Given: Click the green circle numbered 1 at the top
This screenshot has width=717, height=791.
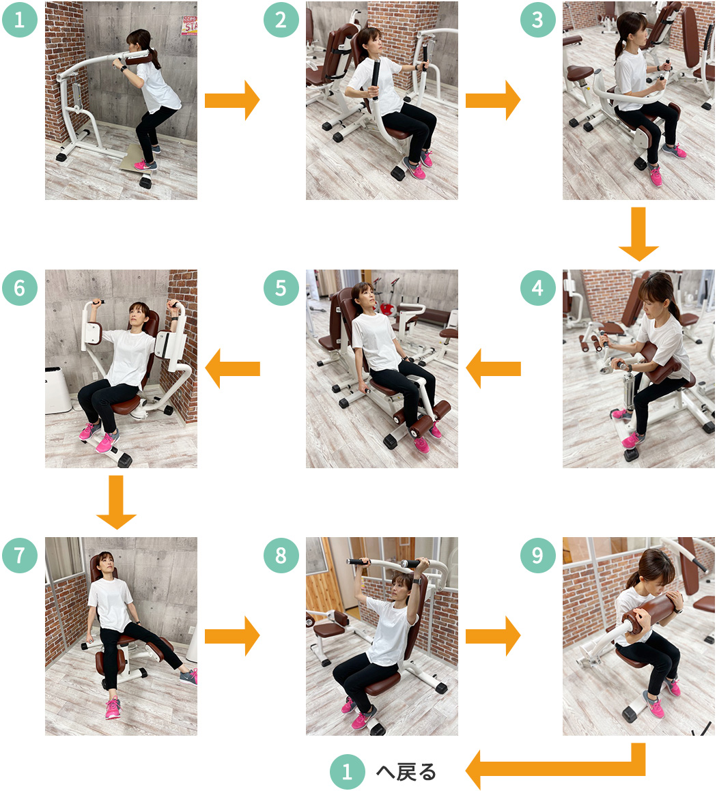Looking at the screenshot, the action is click(x=20, y=20).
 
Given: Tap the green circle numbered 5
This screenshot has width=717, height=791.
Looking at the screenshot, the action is click(x=281, y=287).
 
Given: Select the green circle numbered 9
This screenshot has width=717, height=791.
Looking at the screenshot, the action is click(x=538, y=555).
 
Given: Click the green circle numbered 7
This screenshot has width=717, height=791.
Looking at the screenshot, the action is click(x=20, y=555).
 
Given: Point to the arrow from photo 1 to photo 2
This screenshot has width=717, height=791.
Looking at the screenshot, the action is click(x=232, y=100).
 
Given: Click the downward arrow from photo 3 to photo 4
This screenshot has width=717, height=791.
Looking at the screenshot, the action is click(x=638, y=234).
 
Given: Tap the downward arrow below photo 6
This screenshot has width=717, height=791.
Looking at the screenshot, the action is click(x=116, y=502).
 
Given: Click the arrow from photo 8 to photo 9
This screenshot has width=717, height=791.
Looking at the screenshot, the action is click(x=493, y=636).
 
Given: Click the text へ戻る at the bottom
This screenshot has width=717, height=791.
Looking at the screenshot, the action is click(x=406, y=772).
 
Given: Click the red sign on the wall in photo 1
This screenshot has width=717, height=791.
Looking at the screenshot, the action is click(x=189, y=25).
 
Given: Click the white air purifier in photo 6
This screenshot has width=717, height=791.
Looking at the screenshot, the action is click(x=58, y=390).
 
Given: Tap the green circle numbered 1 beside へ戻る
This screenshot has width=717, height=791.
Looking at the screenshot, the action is click(x=347, y=772).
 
